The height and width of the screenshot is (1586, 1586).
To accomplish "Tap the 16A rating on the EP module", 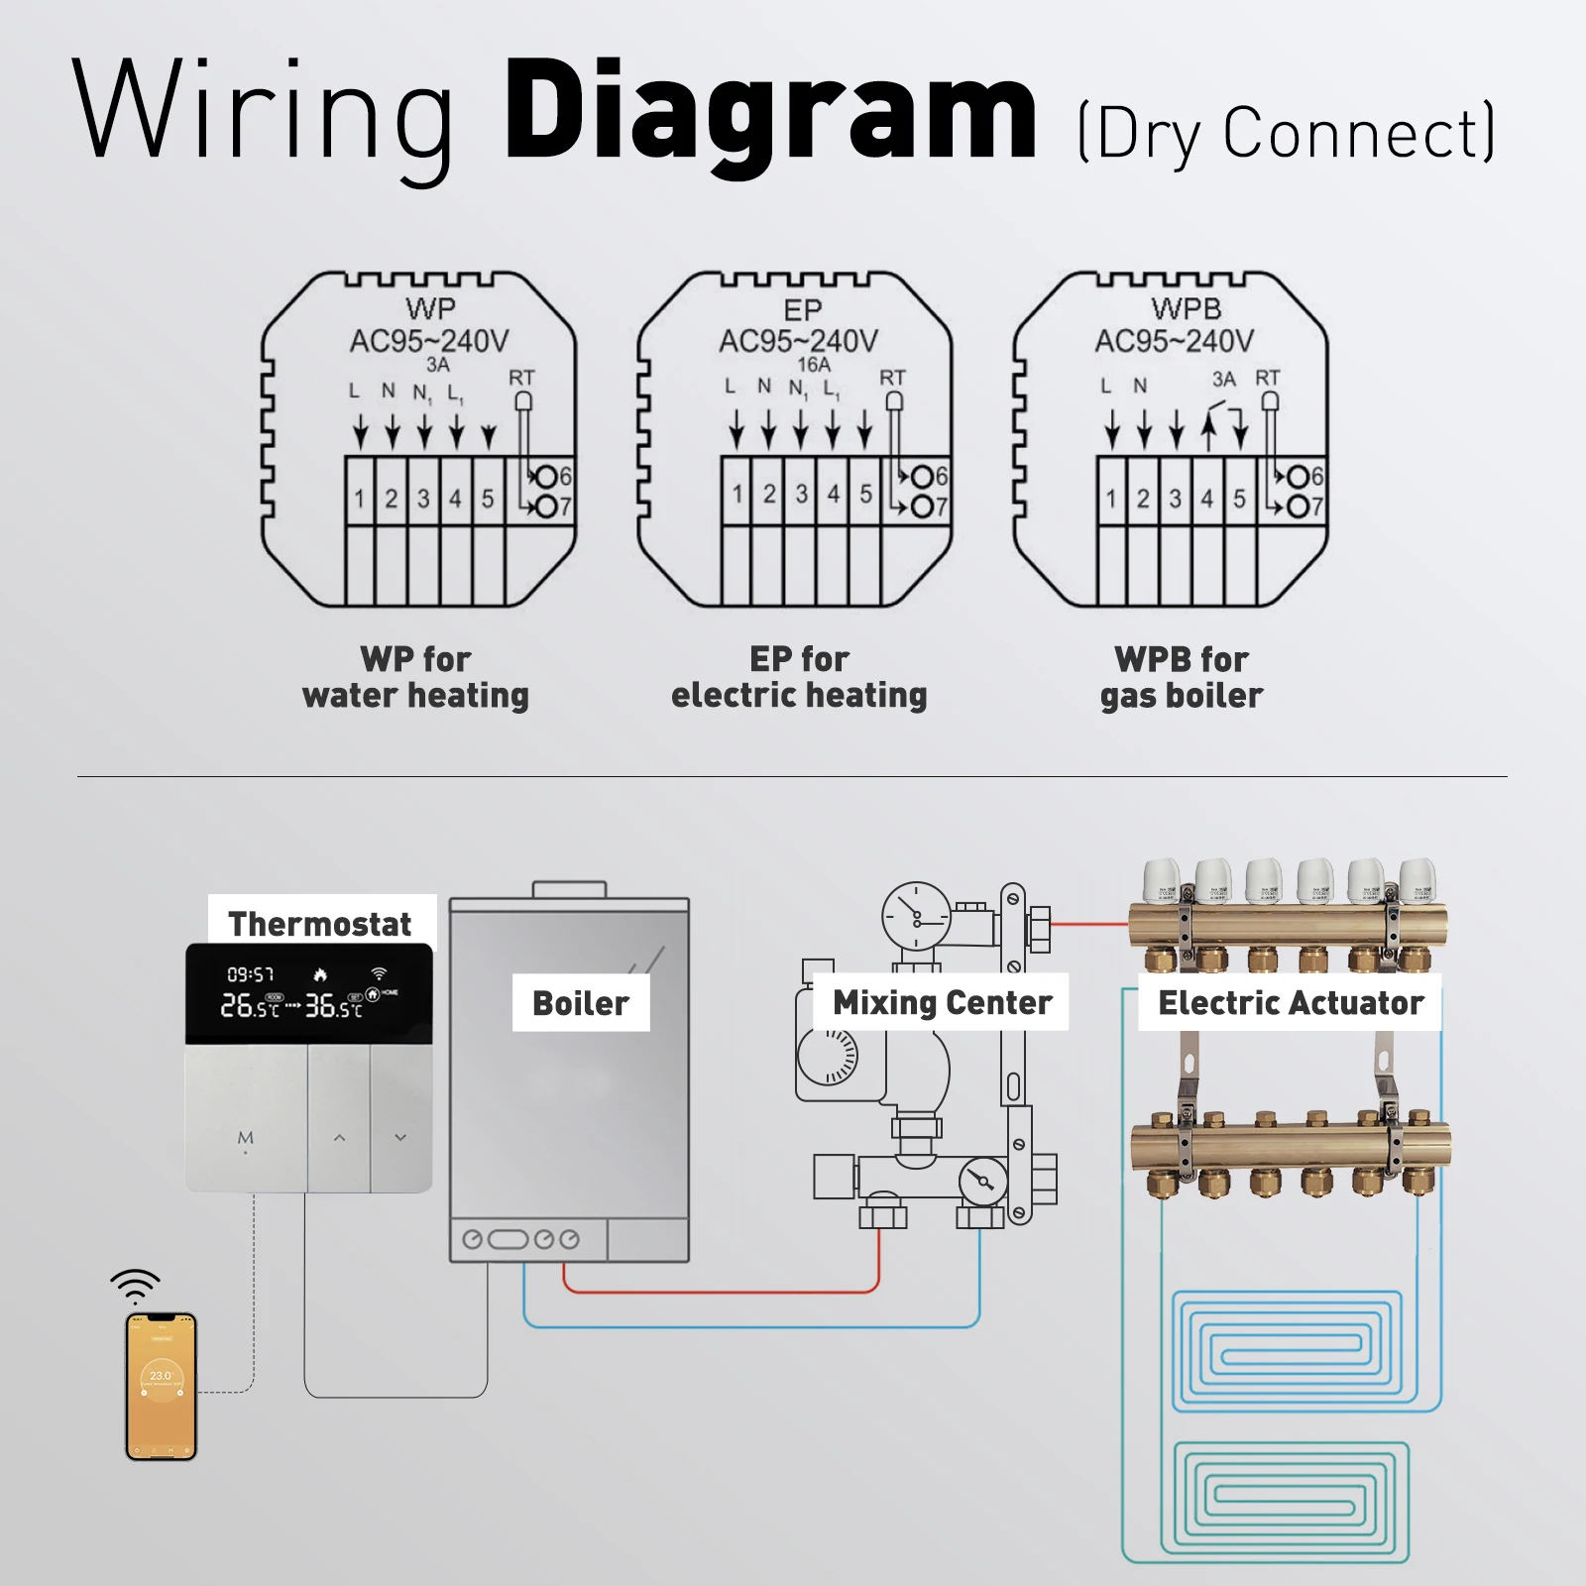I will click(x=814, y=365).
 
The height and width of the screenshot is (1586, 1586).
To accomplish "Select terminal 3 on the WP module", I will click(x=423, y=498).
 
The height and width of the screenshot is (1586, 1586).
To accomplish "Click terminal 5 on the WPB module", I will click(x=1239, y=498).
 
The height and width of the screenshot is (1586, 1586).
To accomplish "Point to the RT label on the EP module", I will click(x=892, y=378).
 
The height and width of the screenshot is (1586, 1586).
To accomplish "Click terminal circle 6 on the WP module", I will click(x=546, y=477).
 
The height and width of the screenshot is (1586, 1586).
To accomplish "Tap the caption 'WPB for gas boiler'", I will click(x=1182, y=677).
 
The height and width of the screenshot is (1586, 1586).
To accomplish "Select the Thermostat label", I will click(x=319, y=924).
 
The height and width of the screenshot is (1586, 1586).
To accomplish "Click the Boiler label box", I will click(x=581, y=1003).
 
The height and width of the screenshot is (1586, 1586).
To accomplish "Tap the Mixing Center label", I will click(x=942, y=1003).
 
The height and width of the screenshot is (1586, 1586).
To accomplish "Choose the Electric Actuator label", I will click(x=1291, y=1003).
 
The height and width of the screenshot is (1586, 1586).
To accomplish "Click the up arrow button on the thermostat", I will click(x=339, y=1138).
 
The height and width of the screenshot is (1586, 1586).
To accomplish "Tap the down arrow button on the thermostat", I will click(x=400, y=1138).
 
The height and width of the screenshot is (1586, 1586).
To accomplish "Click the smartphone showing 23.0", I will click(x=162, y=1386).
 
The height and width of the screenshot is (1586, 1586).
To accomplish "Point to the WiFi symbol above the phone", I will click(x=136, y=1286).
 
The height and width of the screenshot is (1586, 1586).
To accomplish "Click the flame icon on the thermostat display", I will click(x=320, y=975).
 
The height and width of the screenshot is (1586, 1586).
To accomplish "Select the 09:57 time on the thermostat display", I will click(x=251, y=975).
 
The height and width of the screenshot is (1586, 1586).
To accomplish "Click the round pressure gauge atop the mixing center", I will click(x=916, y=916).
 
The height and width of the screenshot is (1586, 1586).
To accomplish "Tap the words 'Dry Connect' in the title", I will click(x=1287, y=133).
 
